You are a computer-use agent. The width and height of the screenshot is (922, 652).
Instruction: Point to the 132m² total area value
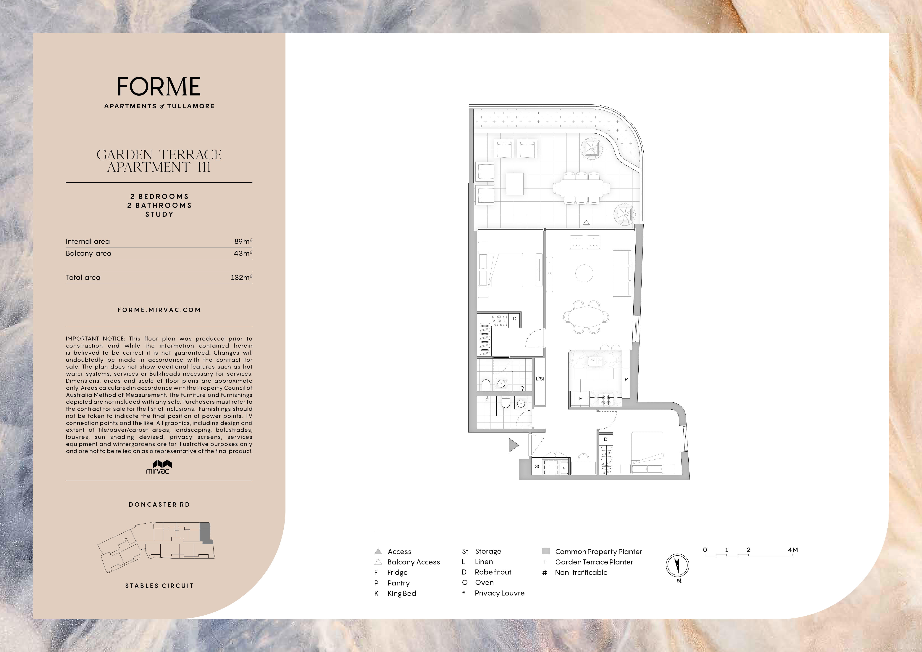coord(241,277)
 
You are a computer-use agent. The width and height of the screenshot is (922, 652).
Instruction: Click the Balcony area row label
coord(89,253)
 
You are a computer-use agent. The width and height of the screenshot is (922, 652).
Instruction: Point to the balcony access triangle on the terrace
coord(586,222)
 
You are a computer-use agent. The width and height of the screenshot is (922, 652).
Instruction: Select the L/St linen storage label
coord(540,379)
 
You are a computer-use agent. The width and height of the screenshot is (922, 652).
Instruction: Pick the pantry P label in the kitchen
coord(626,379)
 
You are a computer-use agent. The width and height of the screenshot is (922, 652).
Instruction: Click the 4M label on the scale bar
coord(793,550)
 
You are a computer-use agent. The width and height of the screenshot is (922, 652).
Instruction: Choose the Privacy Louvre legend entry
coord(493,593)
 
